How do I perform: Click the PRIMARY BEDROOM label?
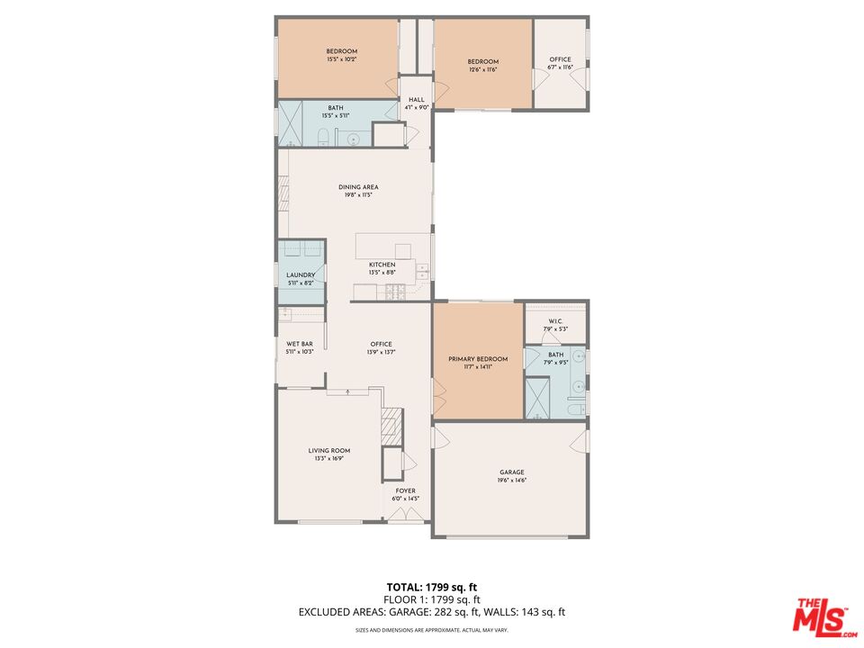(478, 359)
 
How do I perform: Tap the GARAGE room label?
(512, 472)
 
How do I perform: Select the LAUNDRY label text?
(300, 275)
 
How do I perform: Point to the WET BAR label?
(300, 344)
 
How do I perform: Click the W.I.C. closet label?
(555, 321)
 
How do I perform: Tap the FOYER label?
(405, 491)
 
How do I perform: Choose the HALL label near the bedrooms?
(416, 100)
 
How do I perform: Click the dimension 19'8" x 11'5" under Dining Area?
(358, 194)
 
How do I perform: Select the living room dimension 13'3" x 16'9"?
(329, 458)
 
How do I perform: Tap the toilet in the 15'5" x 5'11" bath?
(322, 137)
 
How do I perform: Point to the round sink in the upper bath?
(353, 139)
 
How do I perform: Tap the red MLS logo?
(820, 617)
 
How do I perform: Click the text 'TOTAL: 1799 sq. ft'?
(432, 587)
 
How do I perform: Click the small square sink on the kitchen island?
(402, 250)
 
